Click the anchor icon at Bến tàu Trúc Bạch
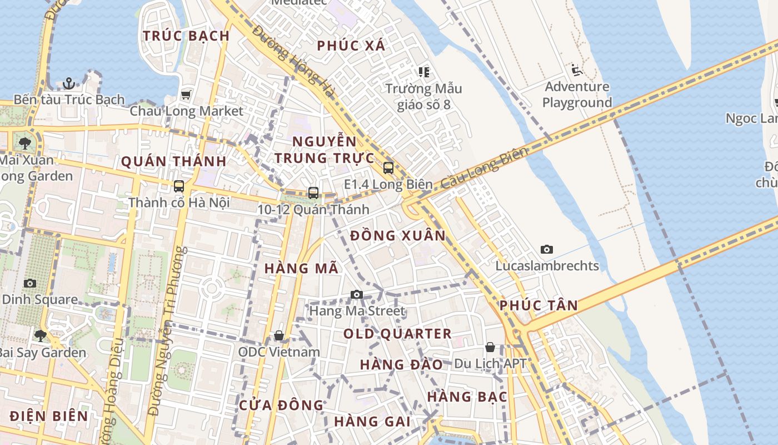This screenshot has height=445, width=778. click(69, 83)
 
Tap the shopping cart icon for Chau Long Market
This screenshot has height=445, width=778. click(186, 95)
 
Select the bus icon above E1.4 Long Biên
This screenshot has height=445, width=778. click(388, 167)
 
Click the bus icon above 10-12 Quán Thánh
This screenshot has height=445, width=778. click(313, 193)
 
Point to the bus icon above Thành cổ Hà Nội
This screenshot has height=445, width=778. click(179, 186)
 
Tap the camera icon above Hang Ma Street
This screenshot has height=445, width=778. click(357, 294)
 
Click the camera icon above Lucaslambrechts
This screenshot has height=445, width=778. click(547, 249)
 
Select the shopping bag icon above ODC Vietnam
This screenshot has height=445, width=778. click(279, 335)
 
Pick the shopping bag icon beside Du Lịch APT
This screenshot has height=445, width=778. click(490, 347)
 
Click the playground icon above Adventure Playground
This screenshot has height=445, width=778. click(576, 70)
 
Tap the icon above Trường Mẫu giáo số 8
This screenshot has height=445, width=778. click(424, 72)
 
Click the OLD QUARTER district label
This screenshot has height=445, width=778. click(397, 334)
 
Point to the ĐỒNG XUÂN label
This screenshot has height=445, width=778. click(398, 235)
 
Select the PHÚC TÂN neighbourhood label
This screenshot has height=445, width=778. click(538, 305)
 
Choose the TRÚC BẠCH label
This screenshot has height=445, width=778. click(186, 36)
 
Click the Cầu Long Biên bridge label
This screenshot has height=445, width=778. click(483, 167)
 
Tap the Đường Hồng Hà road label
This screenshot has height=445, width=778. click(293, 62)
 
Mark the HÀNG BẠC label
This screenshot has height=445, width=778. click(467, 397)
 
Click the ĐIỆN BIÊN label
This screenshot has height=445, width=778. click(49, 416)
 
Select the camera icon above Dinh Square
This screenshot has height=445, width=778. click(31, 283)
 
